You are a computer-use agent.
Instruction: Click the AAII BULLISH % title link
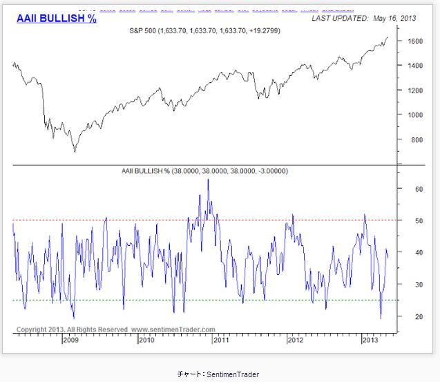56,19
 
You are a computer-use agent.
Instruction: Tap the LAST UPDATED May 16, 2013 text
365,19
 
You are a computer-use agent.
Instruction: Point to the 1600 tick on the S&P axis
414,41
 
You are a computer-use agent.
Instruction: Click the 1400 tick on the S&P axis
414,66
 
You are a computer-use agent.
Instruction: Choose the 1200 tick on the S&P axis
414,90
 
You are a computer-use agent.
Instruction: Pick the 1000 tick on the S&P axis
414,115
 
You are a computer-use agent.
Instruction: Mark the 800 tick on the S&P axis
412,140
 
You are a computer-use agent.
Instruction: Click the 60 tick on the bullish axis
410,189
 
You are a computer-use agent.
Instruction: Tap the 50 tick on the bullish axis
410,220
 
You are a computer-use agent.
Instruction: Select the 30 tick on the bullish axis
410,284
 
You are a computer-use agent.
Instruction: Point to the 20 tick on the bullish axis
410,316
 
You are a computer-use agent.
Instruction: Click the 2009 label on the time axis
71,340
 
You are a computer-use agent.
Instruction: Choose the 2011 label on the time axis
221,340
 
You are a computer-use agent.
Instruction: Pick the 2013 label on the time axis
370,340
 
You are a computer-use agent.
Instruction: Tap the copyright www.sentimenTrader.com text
115,330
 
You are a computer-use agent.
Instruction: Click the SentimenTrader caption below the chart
218,374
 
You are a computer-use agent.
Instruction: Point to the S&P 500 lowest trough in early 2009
75,151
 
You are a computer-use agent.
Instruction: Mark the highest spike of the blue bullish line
208,180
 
